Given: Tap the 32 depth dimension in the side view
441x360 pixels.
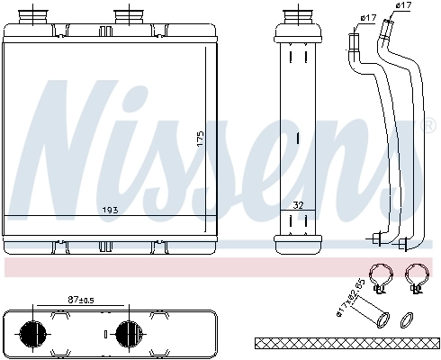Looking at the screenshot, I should (298, 205).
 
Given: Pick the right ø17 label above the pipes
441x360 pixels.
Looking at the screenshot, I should (404, 7).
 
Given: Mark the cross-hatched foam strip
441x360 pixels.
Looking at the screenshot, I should (346, 342).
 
